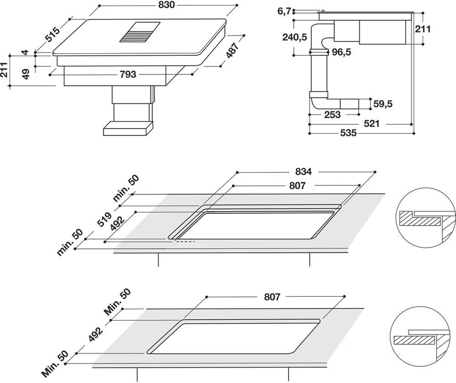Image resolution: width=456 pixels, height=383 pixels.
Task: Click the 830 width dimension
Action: pos(167,5)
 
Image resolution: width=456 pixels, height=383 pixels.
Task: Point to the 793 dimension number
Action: pos(128,74)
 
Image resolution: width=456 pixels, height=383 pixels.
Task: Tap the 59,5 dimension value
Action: pos(383,104)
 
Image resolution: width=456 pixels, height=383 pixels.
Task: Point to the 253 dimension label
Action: pos(332,114)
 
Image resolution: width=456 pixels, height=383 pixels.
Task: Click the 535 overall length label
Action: pos(348,133)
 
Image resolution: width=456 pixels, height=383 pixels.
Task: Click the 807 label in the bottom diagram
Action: pos(272,297)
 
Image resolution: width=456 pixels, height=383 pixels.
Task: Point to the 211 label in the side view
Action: pos(423,29)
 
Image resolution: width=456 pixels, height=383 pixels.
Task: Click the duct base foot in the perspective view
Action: pos(128,128)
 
